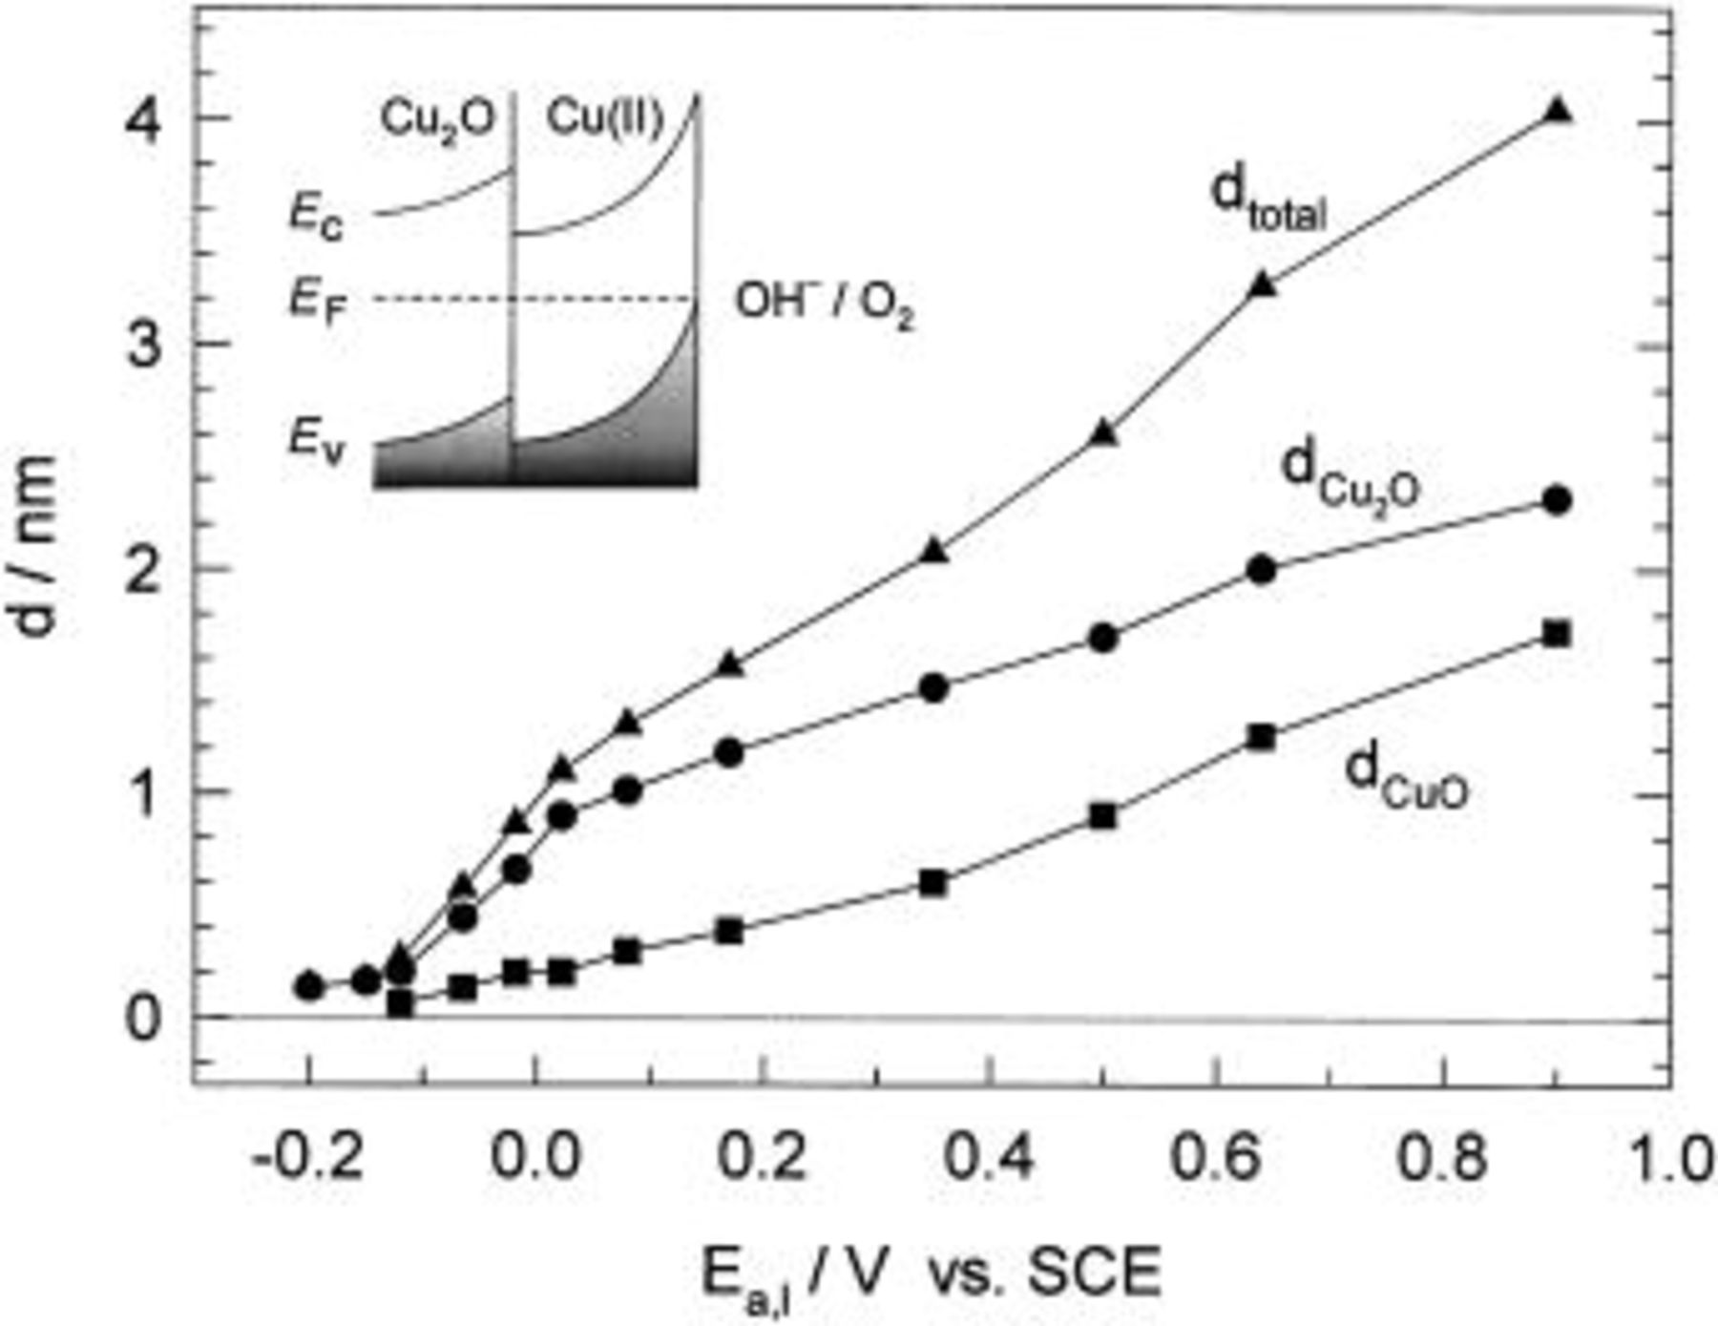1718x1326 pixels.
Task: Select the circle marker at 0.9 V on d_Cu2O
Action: tap(1557, 499)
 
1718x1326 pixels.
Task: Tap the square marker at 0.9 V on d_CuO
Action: tap(1557, 634)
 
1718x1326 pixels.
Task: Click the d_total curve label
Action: tap(1268, 200)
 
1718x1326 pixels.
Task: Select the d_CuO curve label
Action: tap(1405, 778)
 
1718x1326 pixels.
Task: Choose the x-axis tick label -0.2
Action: tap(298, 1157)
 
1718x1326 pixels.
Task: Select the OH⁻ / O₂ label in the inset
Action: tap(823, 305)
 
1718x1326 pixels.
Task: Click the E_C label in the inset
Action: tap(316, 220)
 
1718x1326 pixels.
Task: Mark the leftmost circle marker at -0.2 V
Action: tap(309, 985)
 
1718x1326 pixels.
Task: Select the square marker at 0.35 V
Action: tap(932, 883)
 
